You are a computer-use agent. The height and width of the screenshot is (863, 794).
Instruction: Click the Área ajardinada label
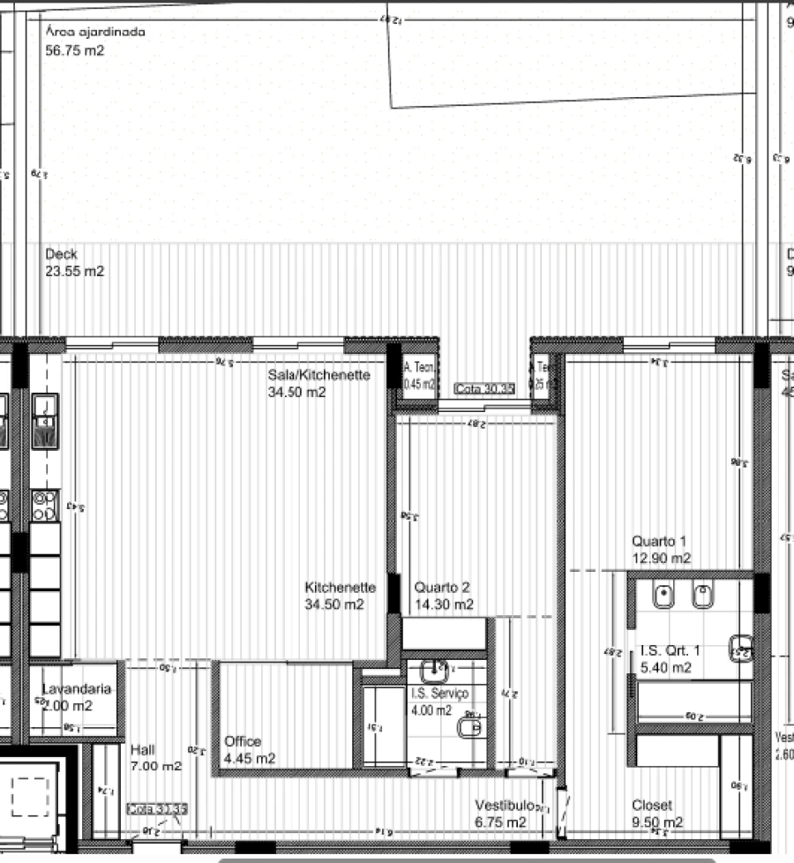(94, 32)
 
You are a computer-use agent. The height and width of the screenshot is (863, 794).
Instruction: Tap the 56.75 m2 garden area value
(75, 50)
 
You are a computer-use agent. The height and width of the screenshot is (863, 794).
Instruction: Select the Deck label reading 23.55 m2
(74, 263)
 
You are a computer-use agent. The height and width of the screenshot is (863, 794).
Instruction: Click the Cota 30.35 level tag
(484, 388)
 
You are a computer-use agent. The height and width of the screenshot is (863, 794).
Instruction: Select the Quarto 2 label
(442, 587)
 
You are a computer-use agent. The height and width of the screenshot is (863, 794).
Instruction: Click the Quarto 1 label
(658, 541)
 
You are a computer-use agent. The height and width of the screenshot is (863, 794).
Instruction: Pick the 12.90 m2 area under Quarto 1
(661, 559)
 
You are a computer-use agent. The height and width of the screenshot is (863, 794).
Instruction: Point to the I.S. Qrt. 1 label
(670, 650)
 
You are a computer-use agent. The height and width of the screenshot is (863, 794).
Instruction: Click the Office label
(243, 741)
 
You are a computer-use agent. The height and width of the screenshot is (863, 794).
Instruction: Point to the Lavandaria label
(77, 688)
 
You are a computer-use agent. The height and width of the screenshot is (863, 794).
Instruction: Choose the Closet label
(652, 806)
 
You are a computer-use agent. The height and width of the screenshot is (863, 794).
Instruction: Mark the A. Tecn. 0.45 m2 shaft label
(418, 376)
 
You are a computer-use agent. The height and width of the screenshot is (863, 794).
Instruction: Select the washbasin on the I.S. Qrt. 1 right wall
(740, 647)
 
